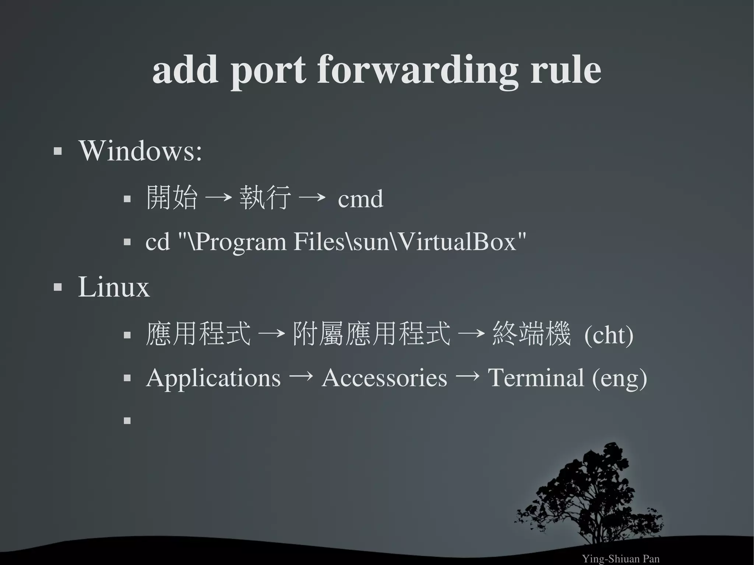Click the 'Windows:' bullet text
[140, 151]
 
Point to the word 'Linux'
[114, 287]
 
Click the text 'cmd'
[360, 199]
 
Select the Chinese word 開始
[172, 198]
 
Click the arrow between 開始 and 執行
[218, 198]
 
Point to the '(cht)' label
[609, 335]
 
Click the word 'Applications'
[213, 378]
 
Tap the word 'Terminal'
[536, 378]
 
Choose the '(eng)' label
[619, 378]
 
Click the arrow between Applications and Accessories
[301, 376]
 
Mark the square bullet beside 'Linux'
[57, 287]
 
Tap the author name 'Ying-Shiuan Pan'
[620, 559]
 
